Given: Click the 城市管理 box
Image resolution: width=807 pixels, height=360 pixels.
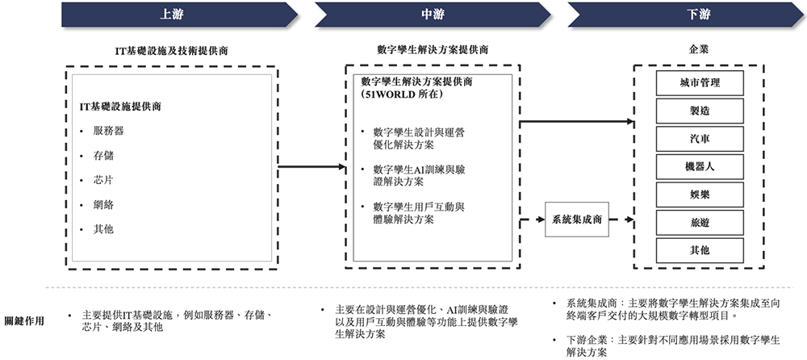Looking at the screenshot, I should [x=700, y=82].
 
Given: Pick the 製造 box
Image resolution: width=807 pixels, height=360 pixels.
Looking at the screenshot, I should [x=700, y=111].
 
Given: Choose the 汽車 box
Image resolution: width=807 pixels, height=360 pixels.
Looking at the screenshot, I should [x=700, y=138].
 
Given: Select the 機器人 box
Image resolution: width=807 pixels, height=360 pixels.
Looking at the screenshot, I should [x=700, y=166].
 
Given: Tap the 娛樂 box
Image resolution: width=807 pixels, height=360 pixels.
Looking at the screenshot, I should [x=700, y=195].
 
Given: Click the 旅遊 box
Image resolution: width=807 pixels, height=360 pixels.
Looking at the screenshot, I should [x=700, y=222].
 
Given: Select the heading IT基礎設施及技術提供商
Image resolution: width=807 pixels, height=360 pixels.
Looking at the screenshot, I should [x=171, y=50].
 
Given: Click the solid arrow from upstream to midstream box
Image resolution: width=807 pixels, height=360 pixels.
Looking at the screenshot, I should [x=306, y=167].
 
